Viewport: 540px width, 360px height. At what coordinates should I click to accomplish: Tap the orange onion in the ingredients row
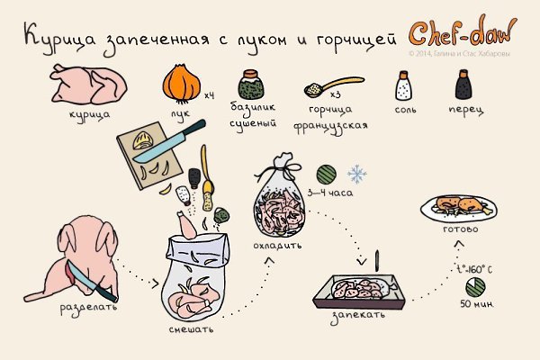(183, 85)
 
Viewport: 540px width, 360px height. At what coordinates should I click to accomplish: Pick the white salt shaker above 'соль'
(403, 86)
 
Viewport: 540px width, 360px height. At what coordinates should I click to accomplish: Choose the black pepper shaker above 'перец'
(465, 86)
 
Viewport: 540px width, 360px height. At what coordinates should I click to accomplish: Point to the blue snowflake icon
(357, 173)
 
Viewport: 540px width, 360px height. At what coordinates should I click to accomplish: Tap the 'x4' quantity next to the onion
(209, 94)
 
